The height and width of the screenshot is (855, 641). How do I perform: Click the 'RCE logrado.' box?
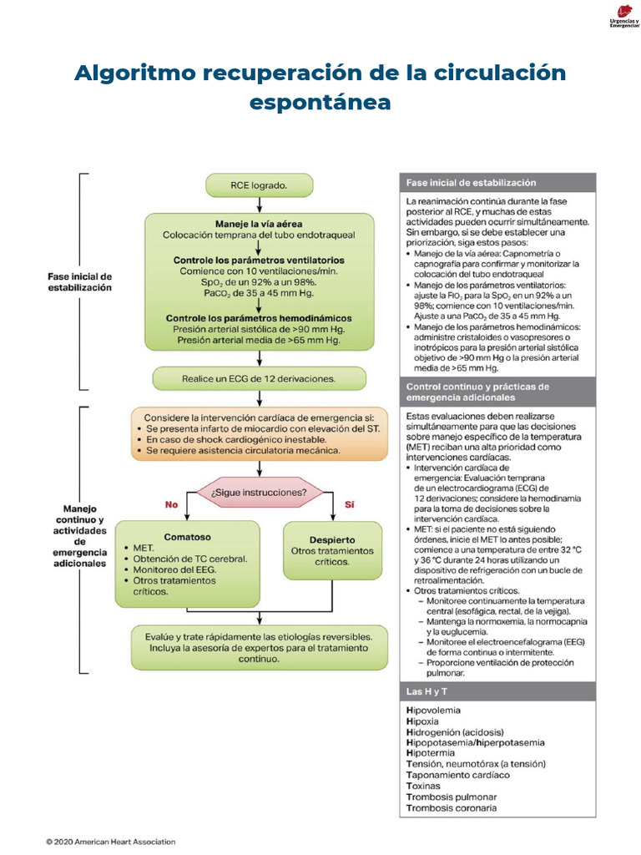tap(259, 185)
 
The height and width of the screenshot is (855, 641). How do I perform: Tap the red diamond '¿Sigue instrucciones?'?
tap(259, 492)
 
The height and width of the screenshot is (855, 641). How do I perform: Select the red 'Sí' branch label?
tap(350, 504)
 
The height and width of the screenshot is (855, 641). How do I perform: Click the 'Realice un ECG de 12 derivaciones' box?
tap(259, 378)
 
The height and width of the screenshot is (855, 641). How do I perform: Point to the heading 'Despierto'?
tap(333, 539)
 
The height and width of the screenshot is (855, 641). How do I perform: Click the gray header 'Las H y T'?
tap(425, 692)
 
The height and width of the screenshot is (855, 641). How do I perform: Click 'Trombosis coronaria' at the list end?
tap(451, 807)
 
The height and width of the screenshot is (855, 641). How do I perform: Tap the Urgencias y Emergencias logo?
tap(618, 18)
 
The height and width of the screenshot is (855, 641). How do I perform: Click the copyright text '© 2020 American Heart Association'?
tap(110, 842)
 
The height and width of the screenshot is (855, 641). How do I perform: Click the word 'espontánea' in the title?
tap(320, 103)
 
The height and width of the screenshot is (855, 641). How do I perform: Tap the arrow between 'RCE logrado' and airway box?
tap(259, 205)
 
